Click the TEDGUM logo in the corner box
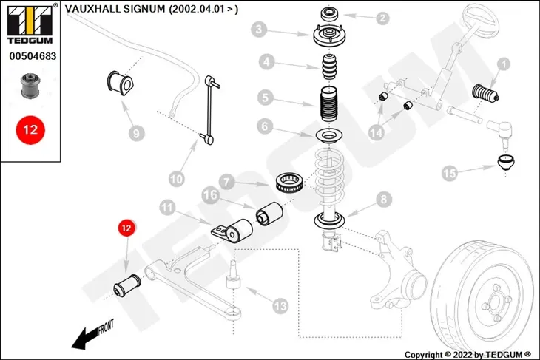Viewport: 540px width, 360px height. click(30, 24)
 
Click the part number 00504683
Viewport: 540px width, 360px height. click(33, 56)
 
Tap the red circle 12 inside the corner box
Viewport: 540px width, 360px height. click(30, 130)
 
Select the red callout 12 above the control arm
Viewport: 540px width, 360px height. click(126, 228)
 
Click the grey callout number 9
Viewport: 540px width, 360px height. click(136, 133)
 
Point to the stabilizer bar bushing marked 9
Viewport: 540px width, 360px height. click(120, 83)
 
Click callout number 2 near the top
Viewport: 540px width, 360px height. click(382, 18)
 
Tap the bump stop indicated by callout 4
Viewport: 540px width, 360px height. click(330, 67)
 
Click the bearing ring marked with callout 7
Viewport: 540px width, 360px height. click(290, 183)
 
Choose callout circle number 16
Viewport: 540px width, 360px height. click(210, 195)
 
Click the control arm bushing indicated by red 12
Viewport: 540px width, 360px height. click(127, 285)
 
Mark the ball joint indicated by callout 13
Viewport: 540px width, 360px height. click(233, 274)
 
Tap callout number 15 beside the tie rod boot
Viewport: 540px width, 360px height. click(450, 173)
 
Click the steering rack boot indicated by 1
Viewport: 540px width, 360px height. click(485, 93)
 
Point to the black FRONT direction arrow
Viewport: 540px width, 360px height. click(88, 337)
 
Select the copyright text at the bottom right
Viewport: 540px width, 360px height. click(468, 355)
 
